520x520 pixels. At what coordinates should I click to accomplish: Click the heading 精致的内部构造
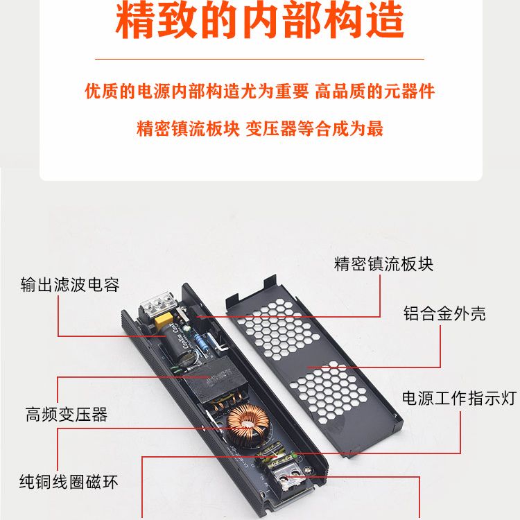click(260, 21)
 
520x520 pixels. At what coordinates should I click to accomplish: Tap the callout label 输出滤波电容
click(70, 285)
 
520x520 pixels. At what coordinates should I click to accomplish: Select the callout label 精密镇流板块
click(383, 264)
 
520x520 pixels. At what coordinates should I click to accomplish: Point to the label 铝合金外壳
click(444, 313)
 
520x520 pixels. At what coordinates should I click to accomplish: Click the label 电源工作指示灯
click(459, 398)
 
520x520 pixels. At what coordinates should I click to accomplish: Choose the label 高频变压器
click(67, 414)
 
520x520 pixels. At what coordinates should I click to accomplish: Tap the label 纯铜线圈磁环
click(69, 482)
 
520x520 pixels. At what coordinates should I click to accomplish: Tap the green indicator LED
click(294, 454)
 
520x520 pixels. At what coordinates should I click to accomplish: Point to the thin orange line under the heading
click(260, 59)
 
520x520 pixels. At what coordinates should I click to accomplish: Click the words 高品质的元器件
click(374, 92)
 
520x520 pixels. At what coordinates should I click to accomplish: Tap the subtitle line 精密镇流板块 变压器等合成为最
click(260, 129)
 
